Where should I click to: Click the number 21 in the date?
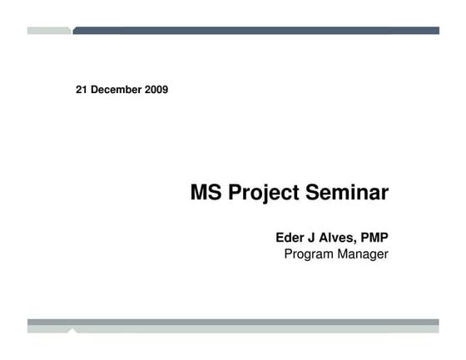pyautogui.click(x=82, y=90)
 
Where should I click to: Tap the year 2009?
pyautogui.click(x=156, y=90)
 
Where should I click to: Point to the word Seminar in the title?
pyautogui.click(x=348, y=194)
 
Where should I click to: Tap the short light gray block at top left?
pyautogui.click(x=48, y=31)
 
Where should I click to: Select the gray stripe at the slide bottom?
pyautogui.click(x=233, y=322)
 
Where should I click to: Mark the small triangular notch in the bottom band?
pyautogui.click(x=72, y=330)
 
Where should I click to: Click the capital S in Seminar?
pyautogui.click(x=314, y=194)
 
